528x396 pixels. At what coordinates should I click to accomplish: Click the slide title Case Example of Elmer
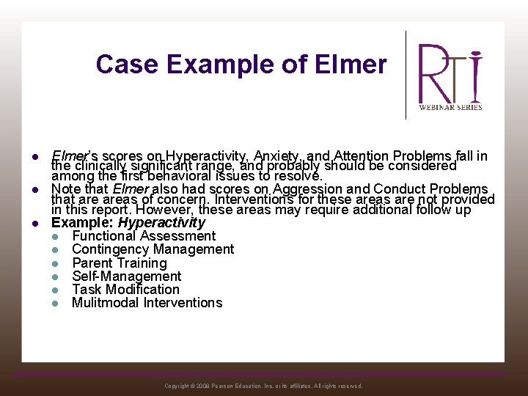tap(241, 65)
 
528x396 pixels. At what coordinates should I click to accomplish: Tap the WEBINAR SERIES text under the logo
tap(450, 107)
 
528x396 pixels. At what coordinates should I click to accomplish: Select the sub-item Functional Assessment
tap(144, 236)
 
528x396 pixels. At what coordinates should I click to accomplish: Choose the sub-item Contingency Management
tap(153, 249)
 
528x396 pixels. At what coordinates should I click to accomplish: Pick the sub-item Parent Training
tap(119, 263)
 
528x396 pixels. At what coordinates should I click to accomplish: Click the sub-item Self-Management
tap(126, 276)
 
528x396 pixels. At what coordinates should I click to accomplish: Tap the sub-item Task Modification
tap(125, 289)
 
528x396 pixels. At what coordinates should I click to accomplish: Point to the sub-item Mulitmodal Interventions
tap(147, 302)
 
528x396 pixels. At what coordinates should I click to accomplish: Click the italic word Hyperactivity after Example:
tap(161, 222)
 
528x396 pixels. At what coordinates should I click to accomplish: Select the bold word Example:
tap(82, 222)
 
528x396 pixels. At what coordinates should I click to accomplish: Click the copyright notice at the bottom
tap(263, 386)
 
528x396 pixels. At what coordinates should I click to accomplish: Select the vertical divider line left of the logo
tap(406, 75)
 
